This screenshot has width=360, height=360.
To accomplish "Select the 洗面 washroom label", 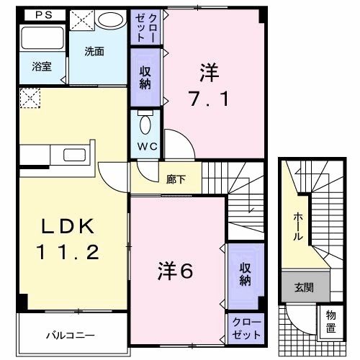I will coord(94,51).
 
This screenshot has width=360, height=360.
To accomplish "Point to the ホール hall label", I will coord(297,227).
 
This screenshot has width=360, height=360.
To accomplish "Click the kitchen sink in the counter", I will coord(74,155).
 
